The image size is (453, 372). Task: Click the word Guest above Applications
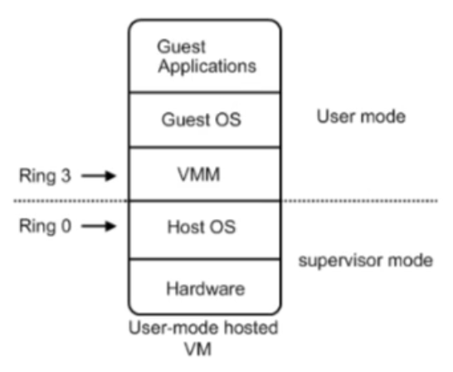181,46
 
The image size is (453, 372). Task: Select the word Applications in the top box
207,66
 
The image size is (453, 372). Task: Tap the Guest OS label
201,120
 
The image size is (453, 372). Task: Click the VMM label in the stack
199,174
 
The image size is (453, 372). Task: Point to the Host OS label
202,227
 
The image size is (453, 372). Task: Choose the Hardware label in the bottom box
206,288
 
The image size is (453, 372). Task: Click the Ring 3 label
45,176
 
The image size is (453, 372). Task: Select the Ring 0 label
45,227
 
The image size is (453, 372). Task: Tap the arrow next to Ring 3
99,175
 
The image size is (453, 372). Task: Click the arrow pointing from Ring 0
99,226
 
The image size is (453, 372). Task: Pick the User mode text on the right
361,116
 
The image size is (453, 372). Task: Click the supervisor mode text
365,261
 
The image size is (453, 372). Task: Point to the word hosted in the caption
251,328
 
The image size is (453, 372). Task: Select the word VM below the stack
198,349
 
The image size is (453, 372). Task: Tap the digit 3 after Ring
66,175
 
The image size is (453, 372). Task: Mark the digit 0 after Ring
66,226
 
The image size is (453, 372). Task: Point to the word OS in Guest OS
228,120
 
